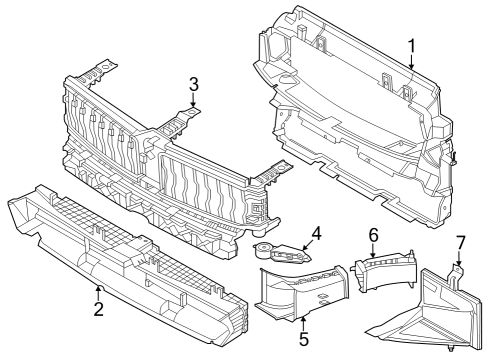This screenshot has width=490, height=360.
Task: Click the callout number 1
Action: point(410,47)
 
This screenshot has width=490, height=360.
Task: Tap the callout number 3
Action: point(195,83)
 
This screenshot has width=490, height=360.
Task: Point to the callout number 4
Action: point(315,234)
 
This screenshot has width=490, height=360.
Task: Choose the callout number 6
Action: point(372,234)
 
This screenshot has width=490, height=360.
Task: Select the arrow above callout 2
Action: point(98,292)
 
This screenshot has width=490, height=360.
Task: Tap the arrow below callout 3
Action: point(195,99)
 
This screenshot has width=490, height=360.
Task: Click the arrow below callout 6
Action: point(374,250)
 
